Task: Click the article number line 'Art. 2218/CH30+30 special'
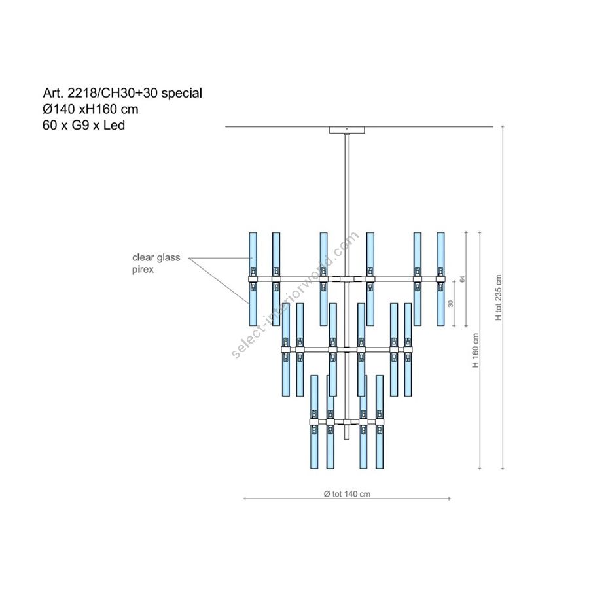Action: pos(122,93)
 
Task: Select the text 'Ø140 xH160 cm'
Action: pos(90,109)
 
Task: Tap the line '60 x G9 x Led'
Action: pos(84,125)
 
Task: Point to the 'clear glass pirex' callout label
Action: pos(156,263)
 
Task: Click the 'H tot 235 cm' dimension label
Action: pos(499,298)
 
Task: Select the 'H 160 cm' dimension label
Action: pos(476,351)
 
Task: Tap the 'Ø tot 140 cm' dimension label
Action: pos(347,494)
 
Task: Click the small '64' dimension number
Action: pos(463,279)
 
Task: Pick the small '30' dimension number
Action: pos(451,303)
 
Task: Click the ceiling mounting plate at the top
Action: pos(347,130)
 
